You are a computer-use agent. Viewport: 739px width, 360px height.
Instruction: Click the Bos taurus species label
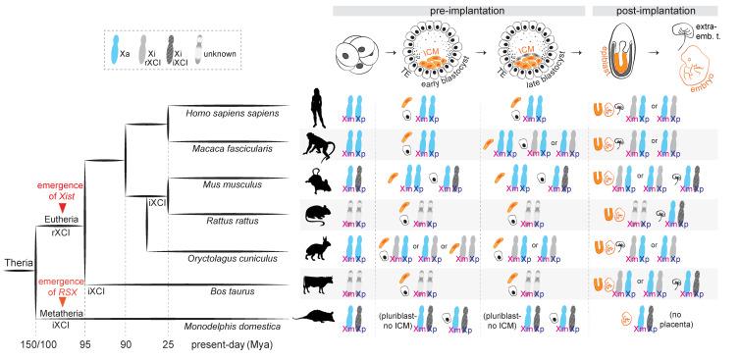point(216,290)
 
